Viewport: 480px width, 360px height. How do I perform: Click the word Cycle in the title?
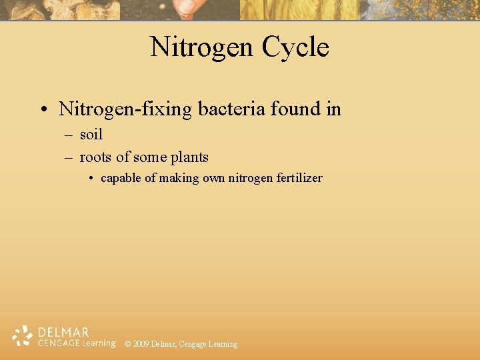coord(295,47)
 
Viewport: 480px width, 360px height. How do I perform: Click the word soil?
coord(91,135)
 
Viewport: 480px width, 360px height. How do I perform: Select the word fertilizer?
coord(298,178)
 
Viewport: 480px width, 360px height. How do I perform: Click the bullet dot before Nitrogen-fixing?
coord(42,109)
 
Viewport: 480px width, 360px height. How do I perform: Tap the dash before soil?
coord(69,135)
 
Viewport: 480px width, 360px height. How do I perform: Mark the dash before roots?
coord(69,158)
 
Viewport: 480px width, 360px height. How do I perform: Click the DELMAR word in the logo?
coord(64,331)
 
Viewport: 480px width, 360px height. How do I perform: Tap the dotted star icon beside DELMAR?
coord(23,336)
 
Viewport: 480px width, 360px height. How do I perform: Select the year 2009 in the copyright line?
coord(141,344)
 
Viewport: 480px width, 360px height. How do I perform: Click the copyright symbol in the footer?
coord(128,344)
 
